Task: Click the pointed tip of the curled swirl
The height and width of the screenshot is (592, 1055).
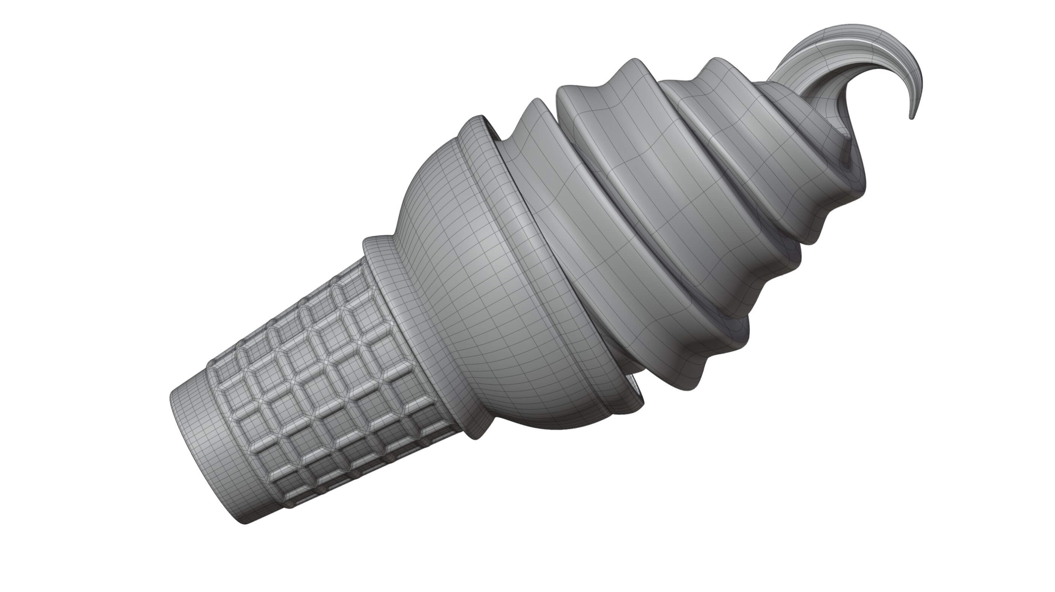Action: point(912,117)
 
